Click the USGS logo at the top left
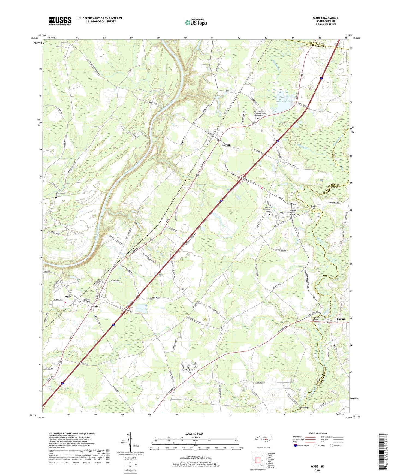coord(60,21)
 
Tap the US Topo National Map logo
coord(196,22)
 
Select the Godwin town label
coord(226,145)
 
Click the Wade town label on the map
coord(68,296)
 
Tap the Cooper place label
coord(341,319)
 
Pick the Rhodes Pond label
coord(285,101)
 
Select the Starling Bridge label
coord(316,207)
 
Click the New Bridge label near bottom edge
coord(304,408)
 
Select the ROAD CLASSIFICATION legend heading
coord(318,433)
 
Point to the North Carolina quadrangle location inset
coord(263,439)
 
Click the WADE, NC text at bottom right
coord(318,466)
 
